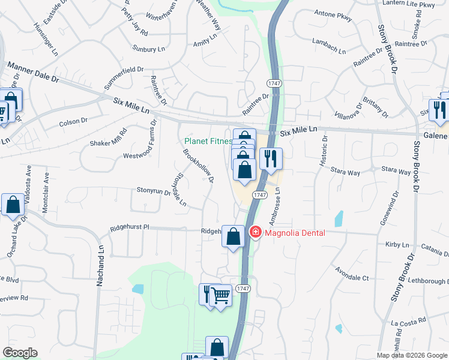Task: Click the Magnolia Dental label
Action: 295,232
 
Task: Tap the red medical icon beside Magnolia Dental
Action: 255,232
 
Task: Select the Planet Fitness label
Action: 208,142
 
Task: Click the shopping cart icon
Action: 220,295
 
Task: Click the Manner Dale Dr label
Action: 33,71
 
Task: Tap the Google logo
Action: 20,353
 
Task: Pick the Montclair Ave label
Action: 46,188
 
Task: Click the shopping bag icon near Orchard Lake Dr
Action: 13,205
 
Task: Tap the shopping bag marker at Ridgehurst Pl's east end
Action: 233,236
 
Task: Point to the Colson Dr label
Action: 73,122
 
